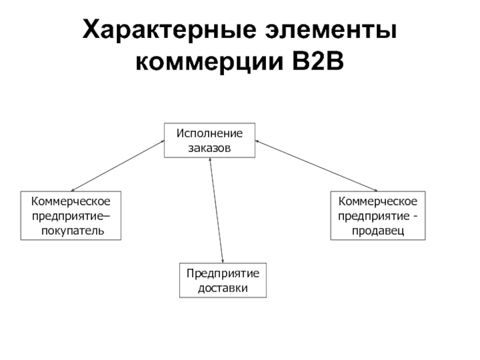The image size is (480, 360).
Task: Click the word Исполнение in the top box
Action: click(209, 133)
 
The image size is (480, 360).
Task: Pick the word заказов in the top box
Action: click(209, 148)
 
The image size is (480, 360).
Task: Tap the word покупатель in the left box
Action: click(71, 229)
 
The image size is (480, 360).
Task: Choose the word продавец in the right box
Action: click(378, 229)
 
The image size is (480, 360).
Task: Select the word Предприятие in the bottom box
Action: click(223, 273)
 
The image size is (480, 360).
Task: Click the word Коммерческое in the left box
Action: click(71, 200)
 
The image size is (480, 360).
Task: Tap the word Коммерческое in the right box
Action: click(378, 200)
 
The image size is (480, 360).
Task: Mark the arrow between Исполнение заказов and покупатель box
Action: click(118, 166)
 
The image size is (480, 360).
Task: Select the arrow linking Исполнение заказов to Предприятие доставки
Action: click(216, 210)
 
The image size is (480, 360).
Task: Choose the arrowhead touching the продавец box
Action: click(376, 190)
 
